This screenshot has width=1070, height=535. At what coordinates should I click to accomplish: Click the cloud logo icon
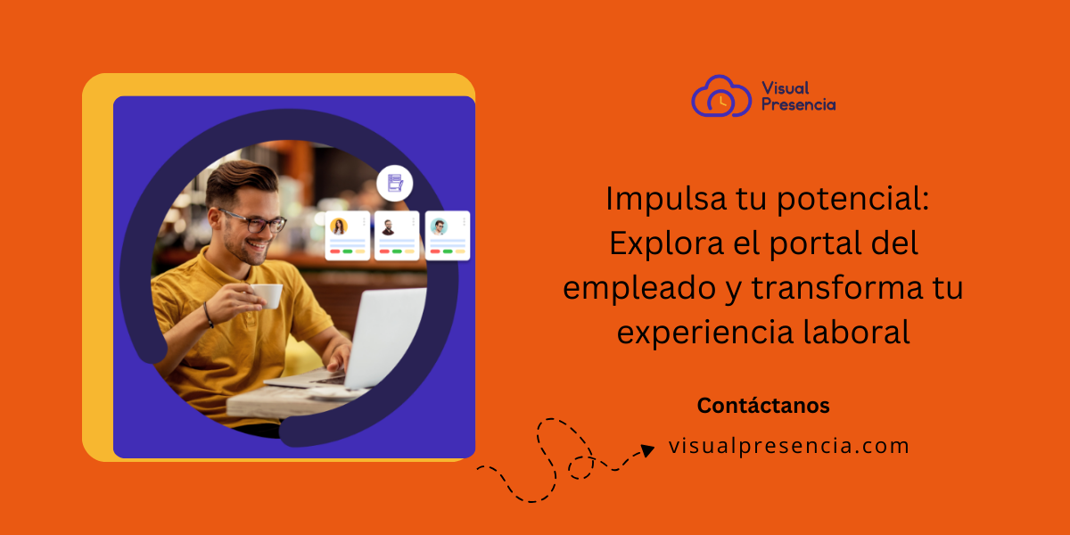point(721,96)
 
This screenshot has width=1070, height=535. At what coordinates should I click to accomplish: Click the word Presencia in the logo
point(799,104)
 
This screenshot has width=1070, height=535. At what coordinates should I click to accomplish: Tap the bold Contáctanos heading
point(763,406)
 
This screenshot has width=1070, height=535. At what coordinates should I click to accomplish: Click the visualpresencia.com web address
point(789,446)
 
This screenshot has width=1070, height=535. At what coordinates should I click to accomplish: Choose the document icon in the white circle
point(393,183)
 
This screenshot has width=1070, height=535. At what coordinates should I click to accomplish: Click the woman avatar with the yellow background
point(340,226)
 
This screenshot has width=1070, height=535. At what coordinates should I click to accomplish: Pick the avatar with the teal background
point(439,226)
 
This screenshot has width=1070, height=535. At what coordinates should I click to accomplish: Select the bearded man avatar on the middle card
point(389,226)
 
